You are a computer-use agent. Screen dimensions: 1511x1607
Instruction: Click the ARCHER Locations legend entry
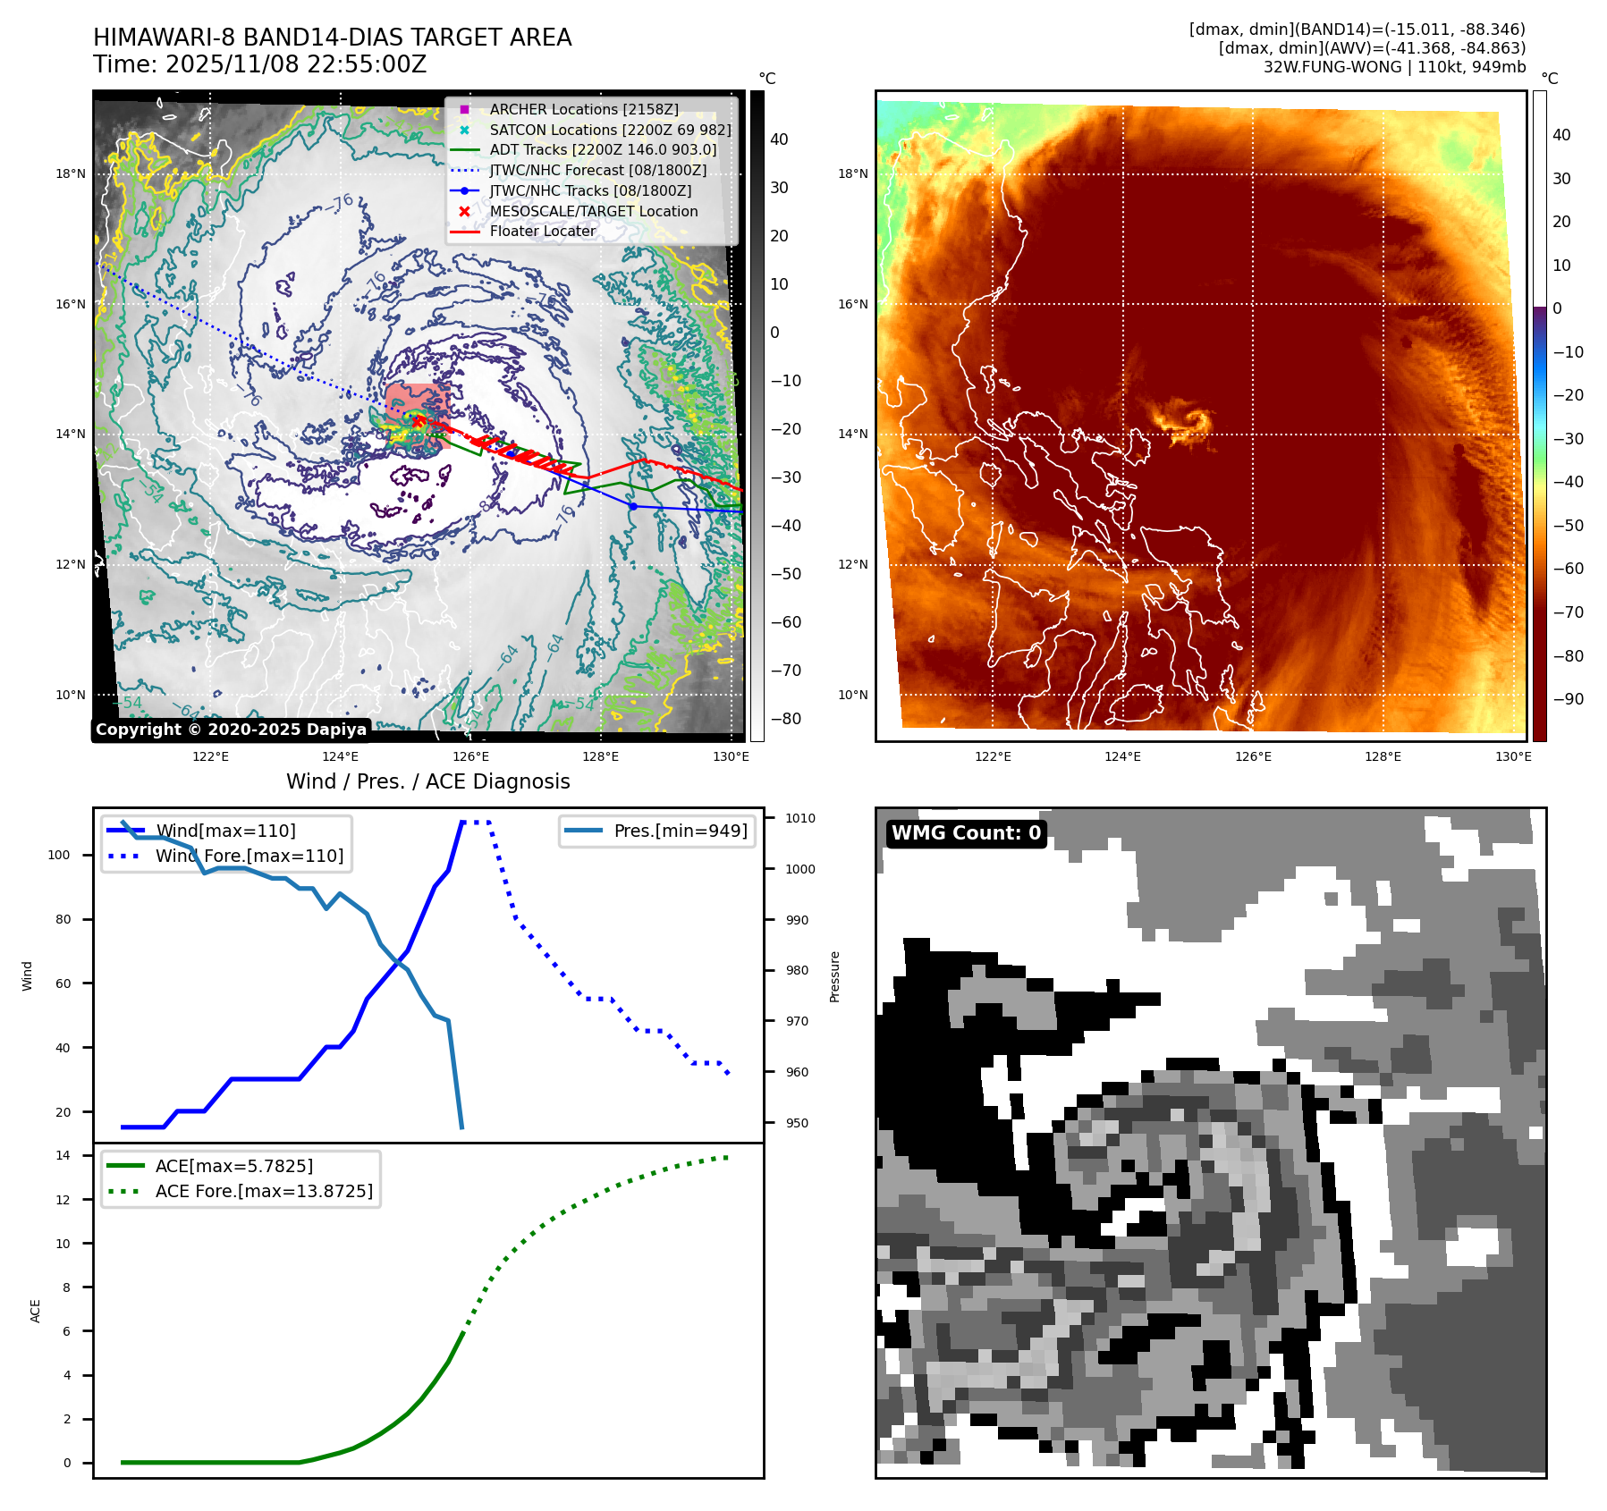583,109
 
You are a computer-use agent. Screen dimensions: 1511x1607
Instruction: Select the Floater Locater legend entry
542,231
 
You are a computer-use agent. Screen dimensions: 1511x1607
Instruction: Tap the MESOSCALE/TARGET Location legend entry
593,211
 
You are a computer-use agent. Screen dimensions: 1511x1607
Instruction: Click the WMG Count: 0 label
966,833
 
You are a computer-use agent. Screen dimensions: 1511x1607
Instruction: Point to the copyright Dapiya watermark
231,730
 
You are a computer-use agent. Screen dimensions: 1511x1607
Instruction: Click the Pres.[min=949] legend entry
680,831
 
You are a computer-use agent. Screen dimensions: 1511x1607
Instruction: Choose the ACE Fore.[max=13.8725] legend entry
264,1191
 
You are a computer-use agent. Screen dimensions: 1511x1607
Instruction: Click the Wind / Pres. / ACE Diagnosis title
427,781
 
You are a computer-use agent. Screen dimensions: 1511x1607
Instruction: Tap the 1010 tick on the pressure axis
800,818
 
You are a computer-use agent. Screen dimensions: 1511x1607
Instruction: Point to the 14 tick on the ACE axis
63,1155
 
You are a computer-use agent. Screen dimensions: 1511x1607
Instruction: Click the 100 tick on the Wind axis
59,855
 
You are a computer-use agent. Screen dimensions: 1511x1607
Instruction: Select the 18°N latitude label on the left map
71,173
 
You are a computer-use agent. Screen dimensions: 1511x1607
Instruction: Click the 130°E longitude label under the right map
1513,756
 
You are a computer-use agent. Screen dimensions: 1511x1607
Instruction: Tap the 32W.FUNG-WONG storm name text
1332,67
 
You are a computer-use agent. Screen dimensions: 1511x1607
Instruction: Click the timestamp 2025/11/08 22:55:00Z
295,65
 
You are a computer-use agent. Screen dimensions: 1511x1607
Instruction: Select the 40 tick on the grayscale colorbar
779,139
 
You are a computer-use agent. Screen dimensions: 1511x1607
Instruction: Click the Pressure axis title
834,976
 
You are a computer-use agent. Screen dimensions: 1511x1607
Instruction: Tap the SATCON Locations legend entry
610,130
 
